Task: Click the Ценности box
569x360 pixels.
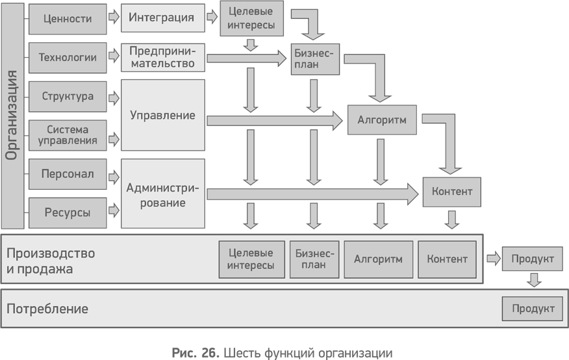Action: tap(68, 19)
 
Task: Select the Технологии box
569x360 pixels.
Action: tap(68, 57)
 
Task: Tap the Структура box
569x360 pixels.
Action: tap(68, 97)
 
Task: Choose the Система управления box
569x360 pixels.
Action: tap(68, 135)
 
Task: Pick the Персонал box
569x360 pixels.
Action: tap(68, 174)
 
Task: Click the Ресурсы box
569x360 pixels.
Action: tap(68, 212)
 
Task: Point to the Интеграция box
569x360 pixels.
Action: tap(162, 18)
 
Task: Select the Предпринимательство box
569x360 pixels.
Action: tap(162, 57)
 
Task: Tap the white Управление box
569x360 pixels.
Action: tap(162, 116)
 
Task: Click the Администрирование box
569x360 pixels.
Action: tap(162, 193)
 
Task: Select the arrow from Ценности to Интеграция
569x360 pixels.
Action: tap(114, 18)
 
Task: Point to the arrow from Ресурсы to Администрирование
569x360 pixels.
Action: tap(114, 211)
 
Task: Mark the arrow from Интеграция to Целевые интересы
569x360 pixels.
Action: tap(212, 18)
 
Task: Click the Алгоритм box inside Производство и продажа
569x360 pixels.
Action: tap(378, 259)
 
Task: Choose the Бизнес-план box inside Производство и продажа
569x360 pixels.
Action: tap(314, 259)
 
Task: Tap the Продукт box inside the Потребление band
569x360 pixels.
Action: tap(533, 309)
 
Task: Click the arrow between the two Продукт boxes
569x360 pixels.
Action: tap(533, 281)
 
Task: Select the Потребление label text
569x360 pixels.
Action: tap(47, 309)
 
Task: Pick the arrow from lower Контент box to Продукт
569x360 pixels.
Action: tap(492, 259)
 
